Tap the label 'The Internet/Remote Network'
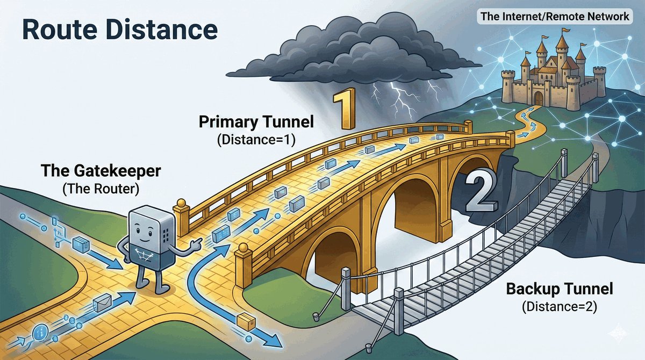coord(554,17)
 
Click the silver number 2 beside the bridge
coord(479,191)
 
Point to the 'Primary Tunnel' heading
coord(256,122)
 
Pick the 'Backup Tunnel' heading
coord(560,290)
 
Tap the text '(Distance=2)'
coord(560,308)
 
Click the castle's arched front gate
coord(538,98)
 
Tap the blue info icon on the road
coord(41,332)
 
